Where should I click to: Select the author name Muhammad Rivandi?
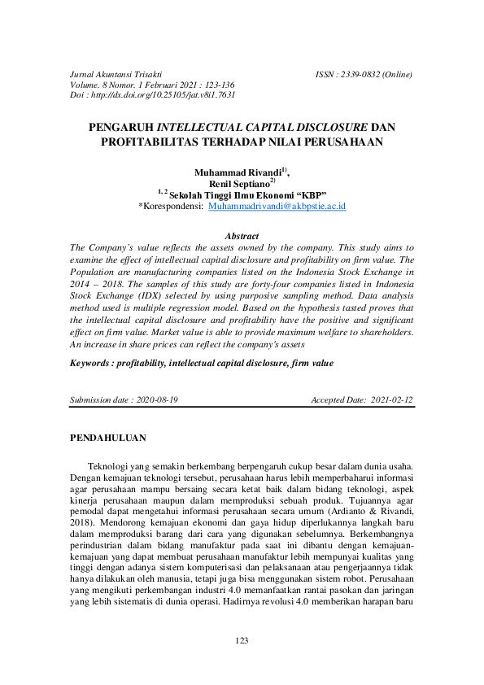[x=237, y=172]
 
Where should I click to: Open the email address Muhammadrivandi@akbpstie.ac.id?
[x=277, y=207]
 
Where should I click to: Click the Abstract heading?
[x=241, y=236]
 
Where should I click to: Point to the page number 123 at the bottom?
[x=242, y=641]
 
